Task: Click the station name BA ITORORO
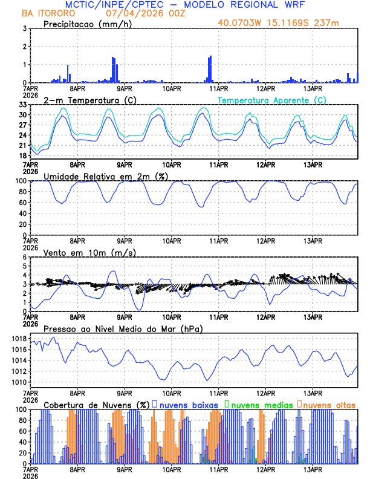(x=47, y=13)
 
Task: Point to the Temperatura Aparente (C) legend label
(x=272, y=100)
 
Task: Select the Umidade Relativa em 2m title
(x=106, y=176)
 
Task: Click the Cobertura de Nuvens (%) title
(x=97, y=405)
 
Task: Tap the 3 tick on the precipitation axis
(x=24, y=28)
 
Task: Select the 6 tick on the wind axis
(x=24, y=257)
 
